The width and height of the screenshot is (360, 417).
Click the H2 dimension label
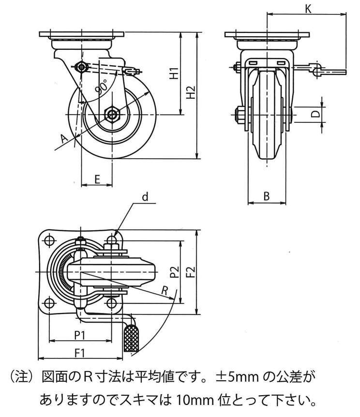click(191, 92)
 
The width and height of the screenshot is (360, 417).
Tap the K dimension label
click(308, 8)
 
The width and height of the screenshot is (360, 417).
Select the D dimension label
click(315, 114)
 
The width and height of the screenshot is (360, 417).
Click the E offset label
click(97, 179)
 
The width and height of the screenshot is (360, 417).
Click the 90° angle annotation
click(102, 87)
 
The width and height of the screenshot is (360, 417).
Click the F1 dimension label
click(80, 353)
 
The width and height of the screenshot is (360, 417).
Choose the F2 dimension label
click(190, 273)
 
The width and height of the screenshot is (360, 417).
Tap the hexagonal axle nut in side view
click(114, 114)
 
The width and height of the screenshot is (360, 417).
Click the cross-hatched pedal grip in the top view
click(131, 338)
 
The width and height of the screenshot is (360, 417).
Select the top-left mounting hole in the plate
click(49, 240)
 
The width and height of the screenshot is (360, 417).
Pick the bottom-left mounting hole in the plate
click(49, 303)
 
